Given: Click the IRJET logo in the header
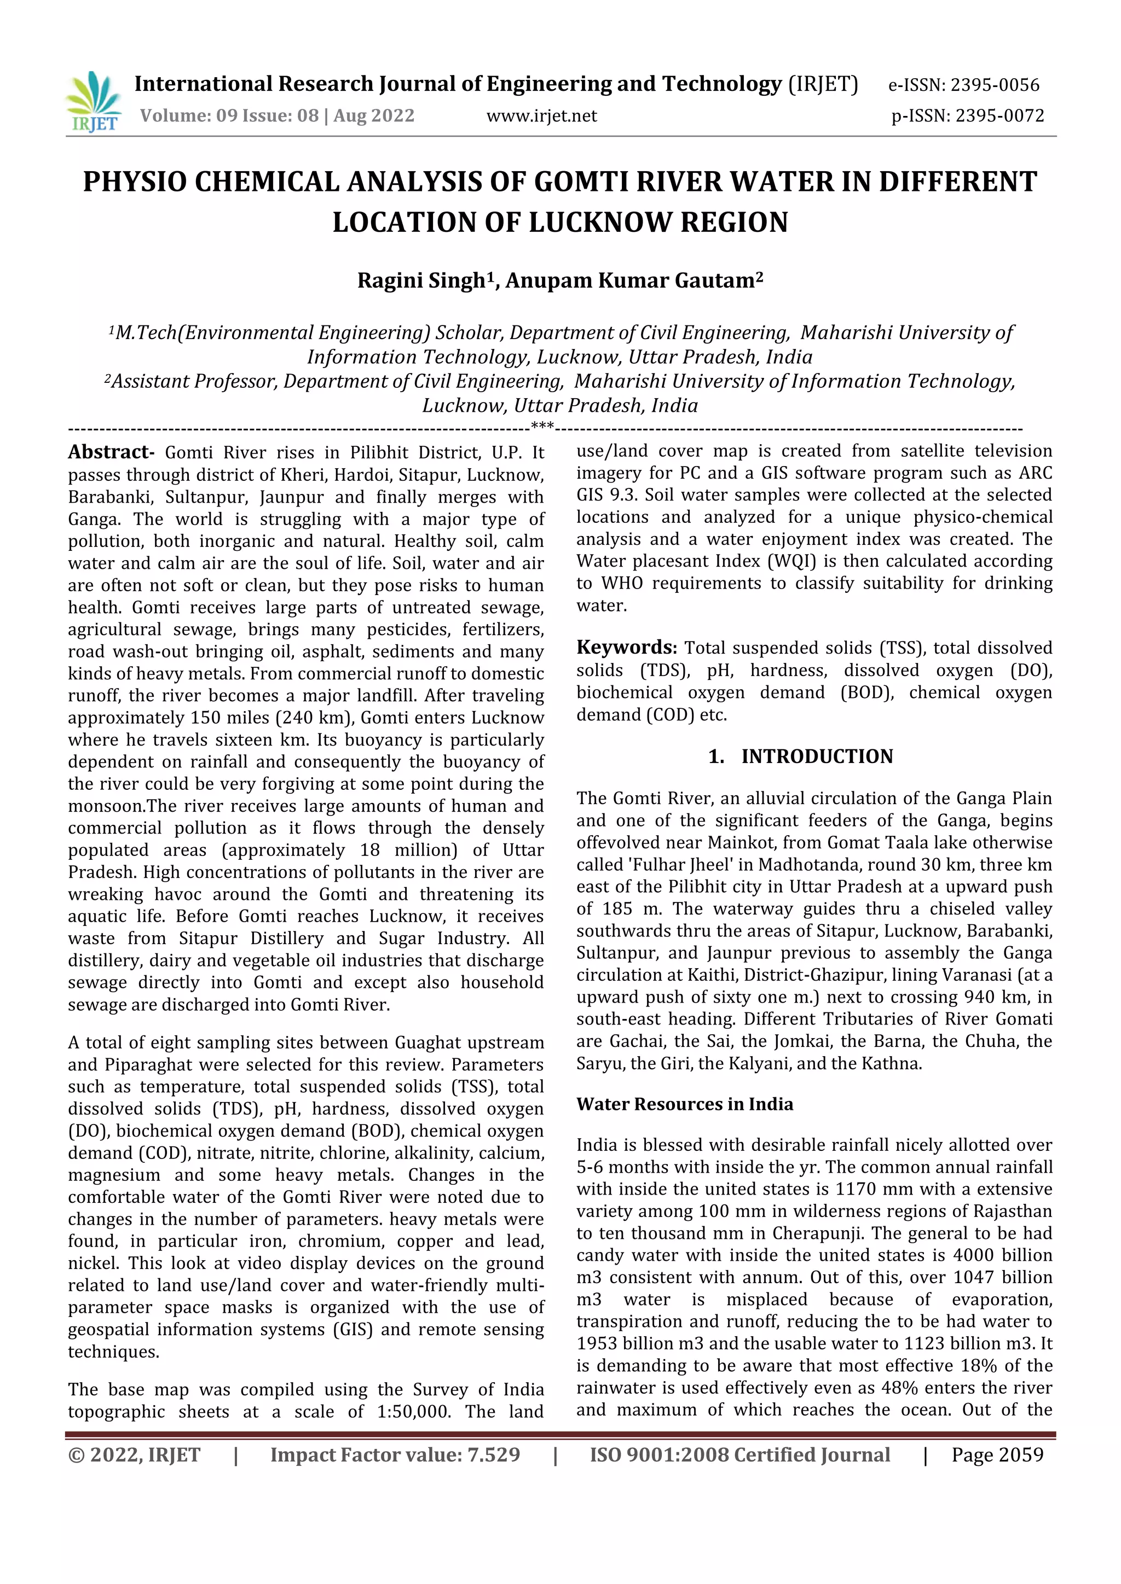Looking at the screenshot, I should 93,101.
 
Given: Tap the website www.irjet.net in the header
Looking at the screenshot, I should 541,116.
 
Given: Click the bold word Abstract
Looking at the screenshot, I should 111,452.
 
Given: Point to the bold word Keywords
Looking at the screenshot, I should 626,647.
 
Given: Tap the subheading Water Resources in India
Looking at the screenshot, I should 685,1104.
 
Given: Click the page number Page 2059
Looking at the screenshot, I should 997,1455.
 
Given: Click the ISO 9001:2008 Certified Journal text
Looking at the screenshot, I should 739,1455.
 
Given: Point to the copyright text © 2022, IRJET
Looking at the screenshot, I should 134,1455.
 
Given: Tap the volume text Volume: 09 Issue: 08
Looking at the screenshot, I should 228,116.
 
